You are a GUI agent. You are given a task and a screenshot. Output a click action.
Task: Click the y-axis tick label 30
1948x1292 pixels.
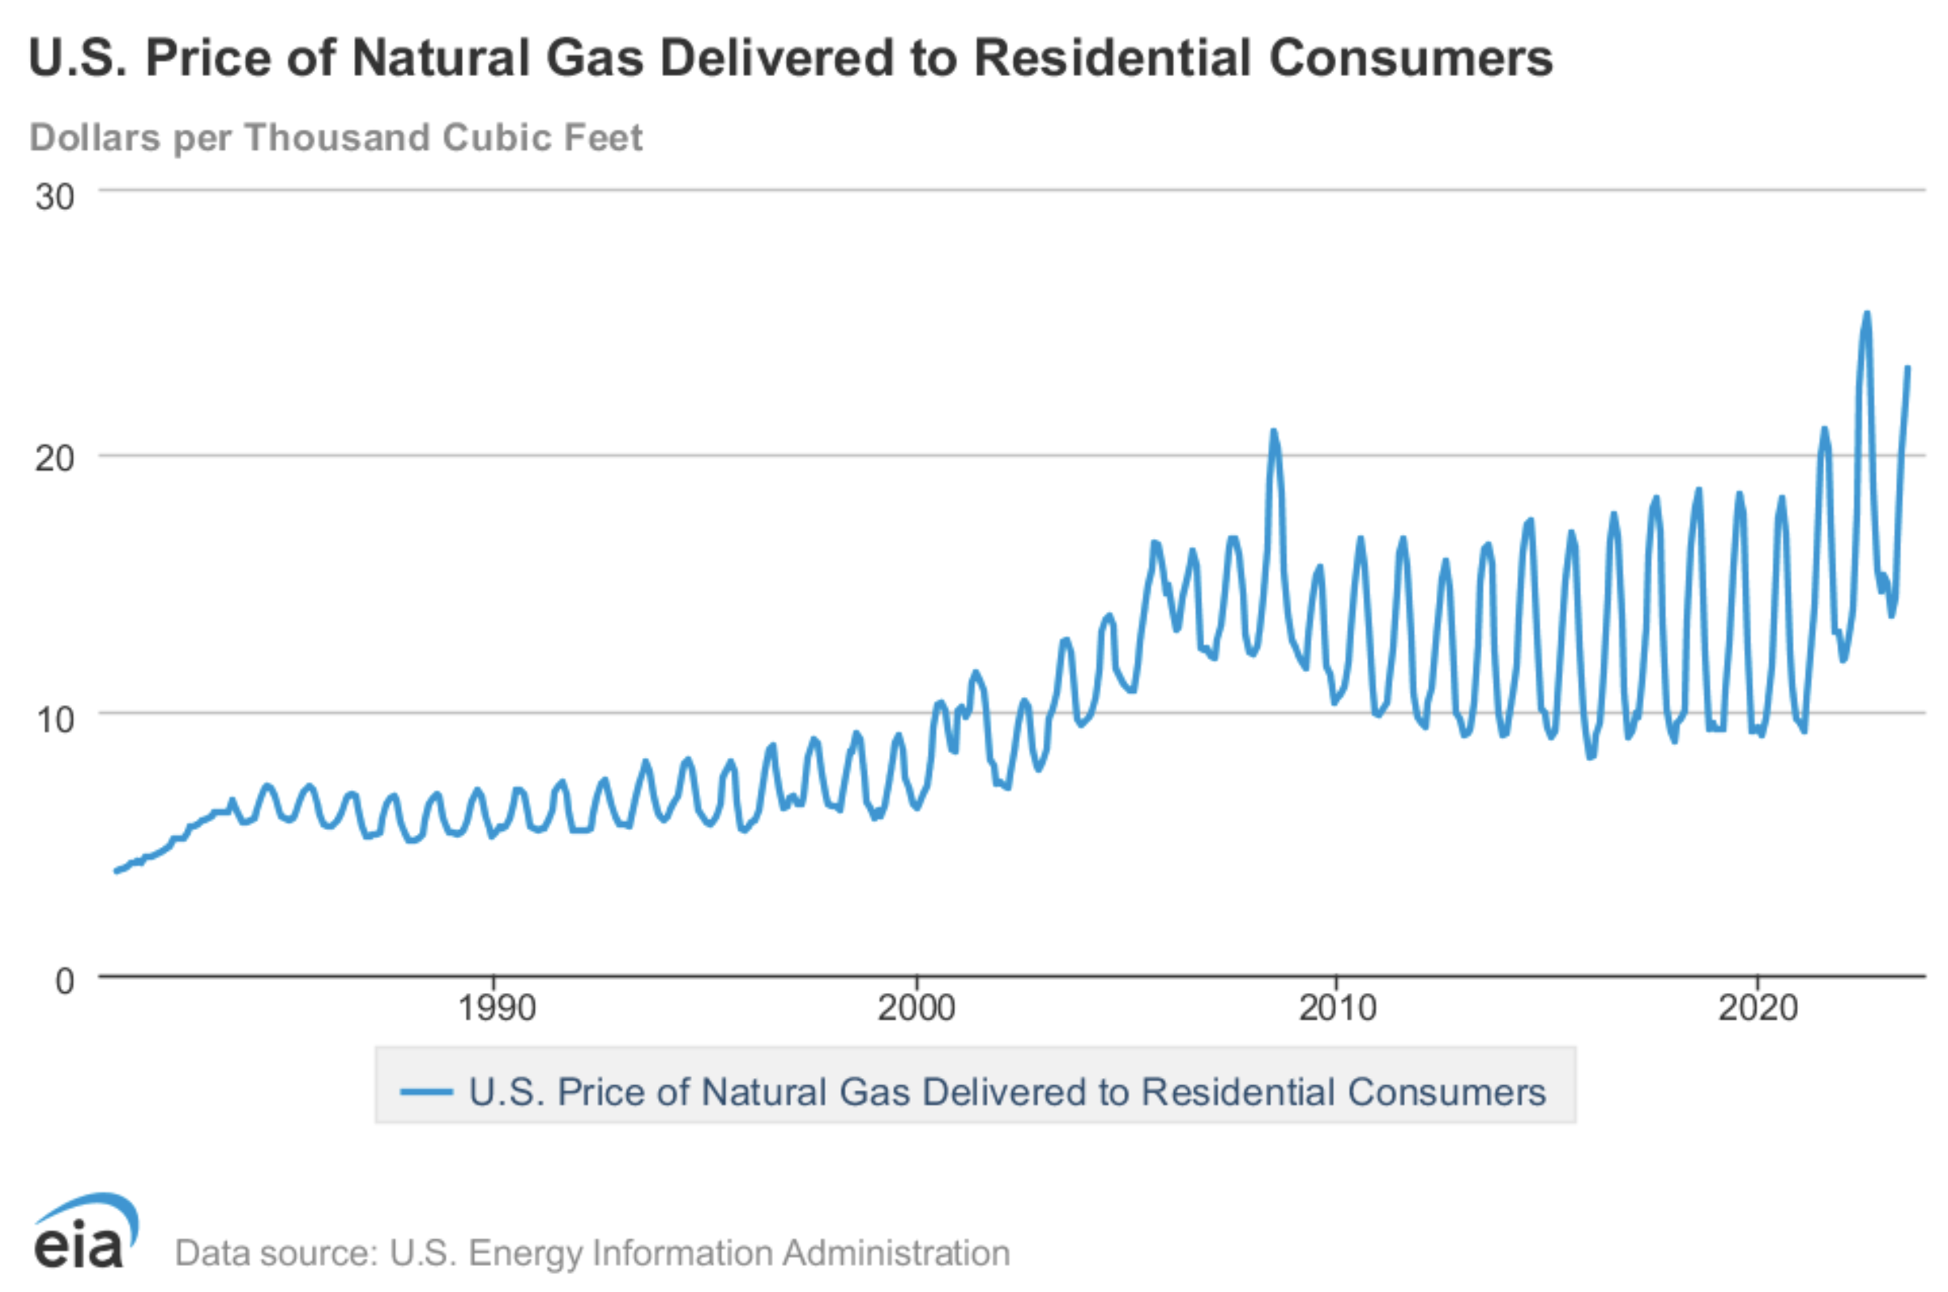(54, 197)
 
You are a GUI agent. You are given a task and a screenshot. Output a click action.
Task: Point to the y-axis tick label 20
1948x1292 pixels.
(54, 458)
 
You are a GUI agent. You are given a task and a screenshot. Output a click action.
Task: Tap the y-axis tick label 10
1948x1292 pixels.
(55, 719)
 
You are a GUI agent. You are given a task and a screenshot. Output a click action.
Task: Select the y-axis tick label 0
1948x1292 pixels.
(64, 981)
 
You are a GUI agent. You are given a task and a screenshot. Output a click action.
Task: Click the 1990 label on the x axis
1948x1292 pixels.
(496, 1008)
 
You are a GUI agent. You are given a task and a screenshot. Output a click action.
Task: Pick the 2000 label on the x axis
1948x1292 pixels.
(916, 1008)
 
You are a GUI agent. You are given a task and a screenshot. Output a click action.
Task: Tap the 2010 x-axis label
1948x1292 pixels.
(1338, 1008)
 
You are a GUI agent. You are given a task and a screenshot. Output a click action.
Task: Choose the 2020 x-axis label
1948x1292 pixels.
(1758, 1008)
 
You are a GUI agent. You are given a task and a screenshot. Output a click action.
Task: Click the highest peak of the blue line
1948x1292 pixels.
(1866, 313)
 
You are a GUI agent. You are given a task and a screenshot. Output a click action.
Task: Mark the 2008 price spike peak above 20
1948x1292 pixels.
(1273, 430)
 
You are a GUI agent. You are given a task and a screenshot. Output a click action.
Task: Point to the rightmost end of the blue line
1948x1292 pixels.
(1907, 367)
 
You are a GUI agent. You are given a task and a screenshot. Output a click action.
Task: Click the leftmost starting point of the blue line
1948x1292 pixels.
(116, 871)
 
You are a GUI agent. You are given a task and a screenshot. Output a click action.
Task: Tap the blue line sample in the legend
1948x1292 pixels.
(426, 1093)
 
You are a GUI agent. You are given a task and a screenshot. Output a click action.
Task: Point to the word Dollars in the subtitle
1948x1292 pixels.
(95, 137)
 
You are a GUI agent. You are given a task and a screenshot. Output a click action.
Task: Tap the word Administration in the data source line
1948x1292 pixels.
(896, 1252)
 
